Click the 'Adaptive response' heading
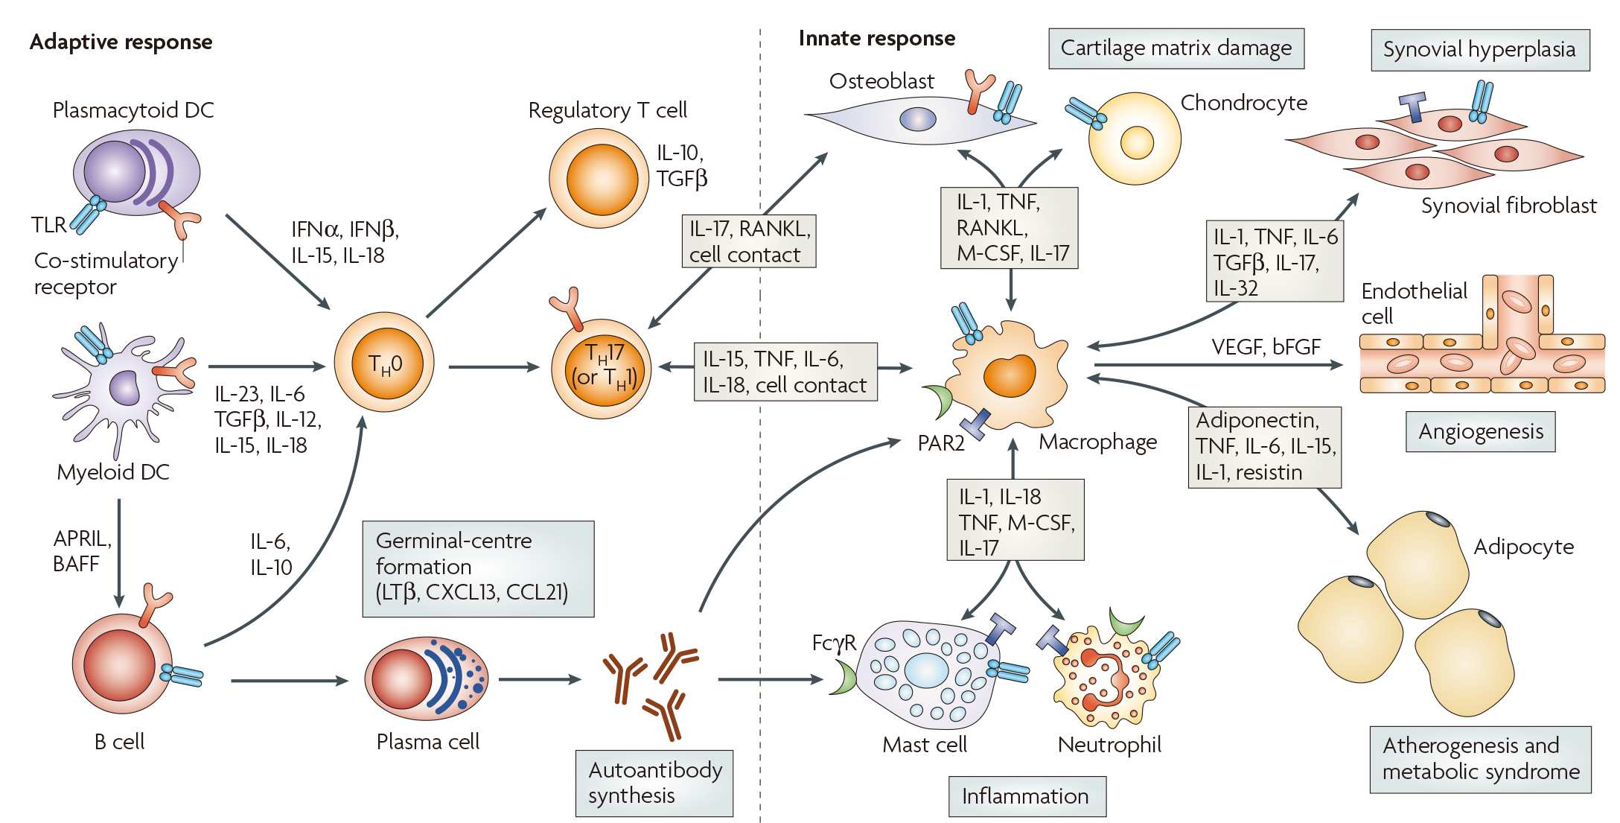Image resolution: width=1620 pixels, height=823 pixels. (121, 42)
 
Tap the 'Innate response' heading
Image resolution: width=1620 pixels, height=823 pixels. (876, 39)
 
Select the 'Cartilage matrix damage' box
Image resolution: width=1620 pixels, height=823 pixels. (1176, 48)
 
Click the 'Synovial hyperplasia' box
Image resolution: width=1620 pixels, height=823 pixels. (1479, 50)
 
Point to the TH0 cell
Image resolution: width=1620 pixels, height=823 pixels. (384, 363)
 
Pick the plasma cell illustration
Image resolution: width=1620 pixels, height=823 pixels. (426, 678)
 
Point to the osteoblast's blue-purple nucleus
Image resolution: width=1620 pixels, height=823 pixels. (917, 119)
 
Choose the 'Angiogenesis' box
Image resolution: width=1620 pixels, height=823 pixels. (1480, 432)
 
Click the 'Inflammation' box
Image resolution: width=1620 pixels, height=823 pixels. (1026, 796)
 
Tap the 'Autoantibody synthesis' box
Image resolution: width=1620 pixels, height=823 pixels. (654, 783)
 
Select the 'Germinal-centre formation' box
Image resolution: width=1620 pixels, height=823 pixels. (477, 568)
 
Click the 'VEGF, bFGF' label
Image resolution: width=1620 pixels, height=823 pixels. (1266, 347)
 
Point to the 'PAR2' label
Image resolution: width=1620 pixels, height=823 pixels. (940, 444)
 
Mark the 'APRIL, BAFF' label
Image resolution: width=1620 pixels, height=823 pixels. (81, 551)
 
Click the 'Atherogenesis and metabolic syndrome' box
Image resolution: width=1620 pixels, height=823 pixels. (1480, 759)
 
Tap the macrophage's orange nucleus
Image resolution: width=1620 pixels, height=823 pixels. (1010, 375)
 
